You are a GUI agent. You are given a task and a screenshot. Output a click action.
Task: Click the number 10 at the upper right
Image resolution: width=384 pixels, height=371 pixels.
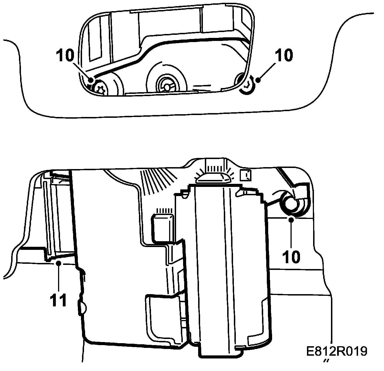(x=284, y=55)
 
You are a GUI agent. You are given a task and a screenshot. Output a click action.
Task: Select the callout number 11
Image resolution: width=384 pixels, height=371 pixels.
(x=59, y=300)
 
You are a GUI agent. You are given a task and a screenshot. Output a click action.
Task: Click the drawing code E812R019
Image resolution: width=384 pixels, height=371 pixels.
(x=336, y=351)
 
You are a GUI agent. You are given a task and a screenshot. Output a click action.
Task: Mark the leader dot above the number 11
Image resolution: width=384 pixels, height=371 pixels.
(x=58, y=263)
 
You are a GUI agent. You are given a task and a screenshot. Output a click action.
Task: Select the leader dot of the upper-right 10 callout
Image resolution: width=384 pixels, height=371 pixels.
(x=258, y=80)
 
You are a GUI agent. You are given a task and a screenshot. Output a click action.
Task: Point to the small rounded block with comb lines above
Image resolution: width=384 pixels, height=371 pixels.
(x=162, y=224)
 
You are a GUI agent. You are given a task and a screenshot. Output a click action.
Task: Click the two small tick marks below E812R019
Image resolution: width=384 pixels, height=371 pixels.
(x=325, y=361)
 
